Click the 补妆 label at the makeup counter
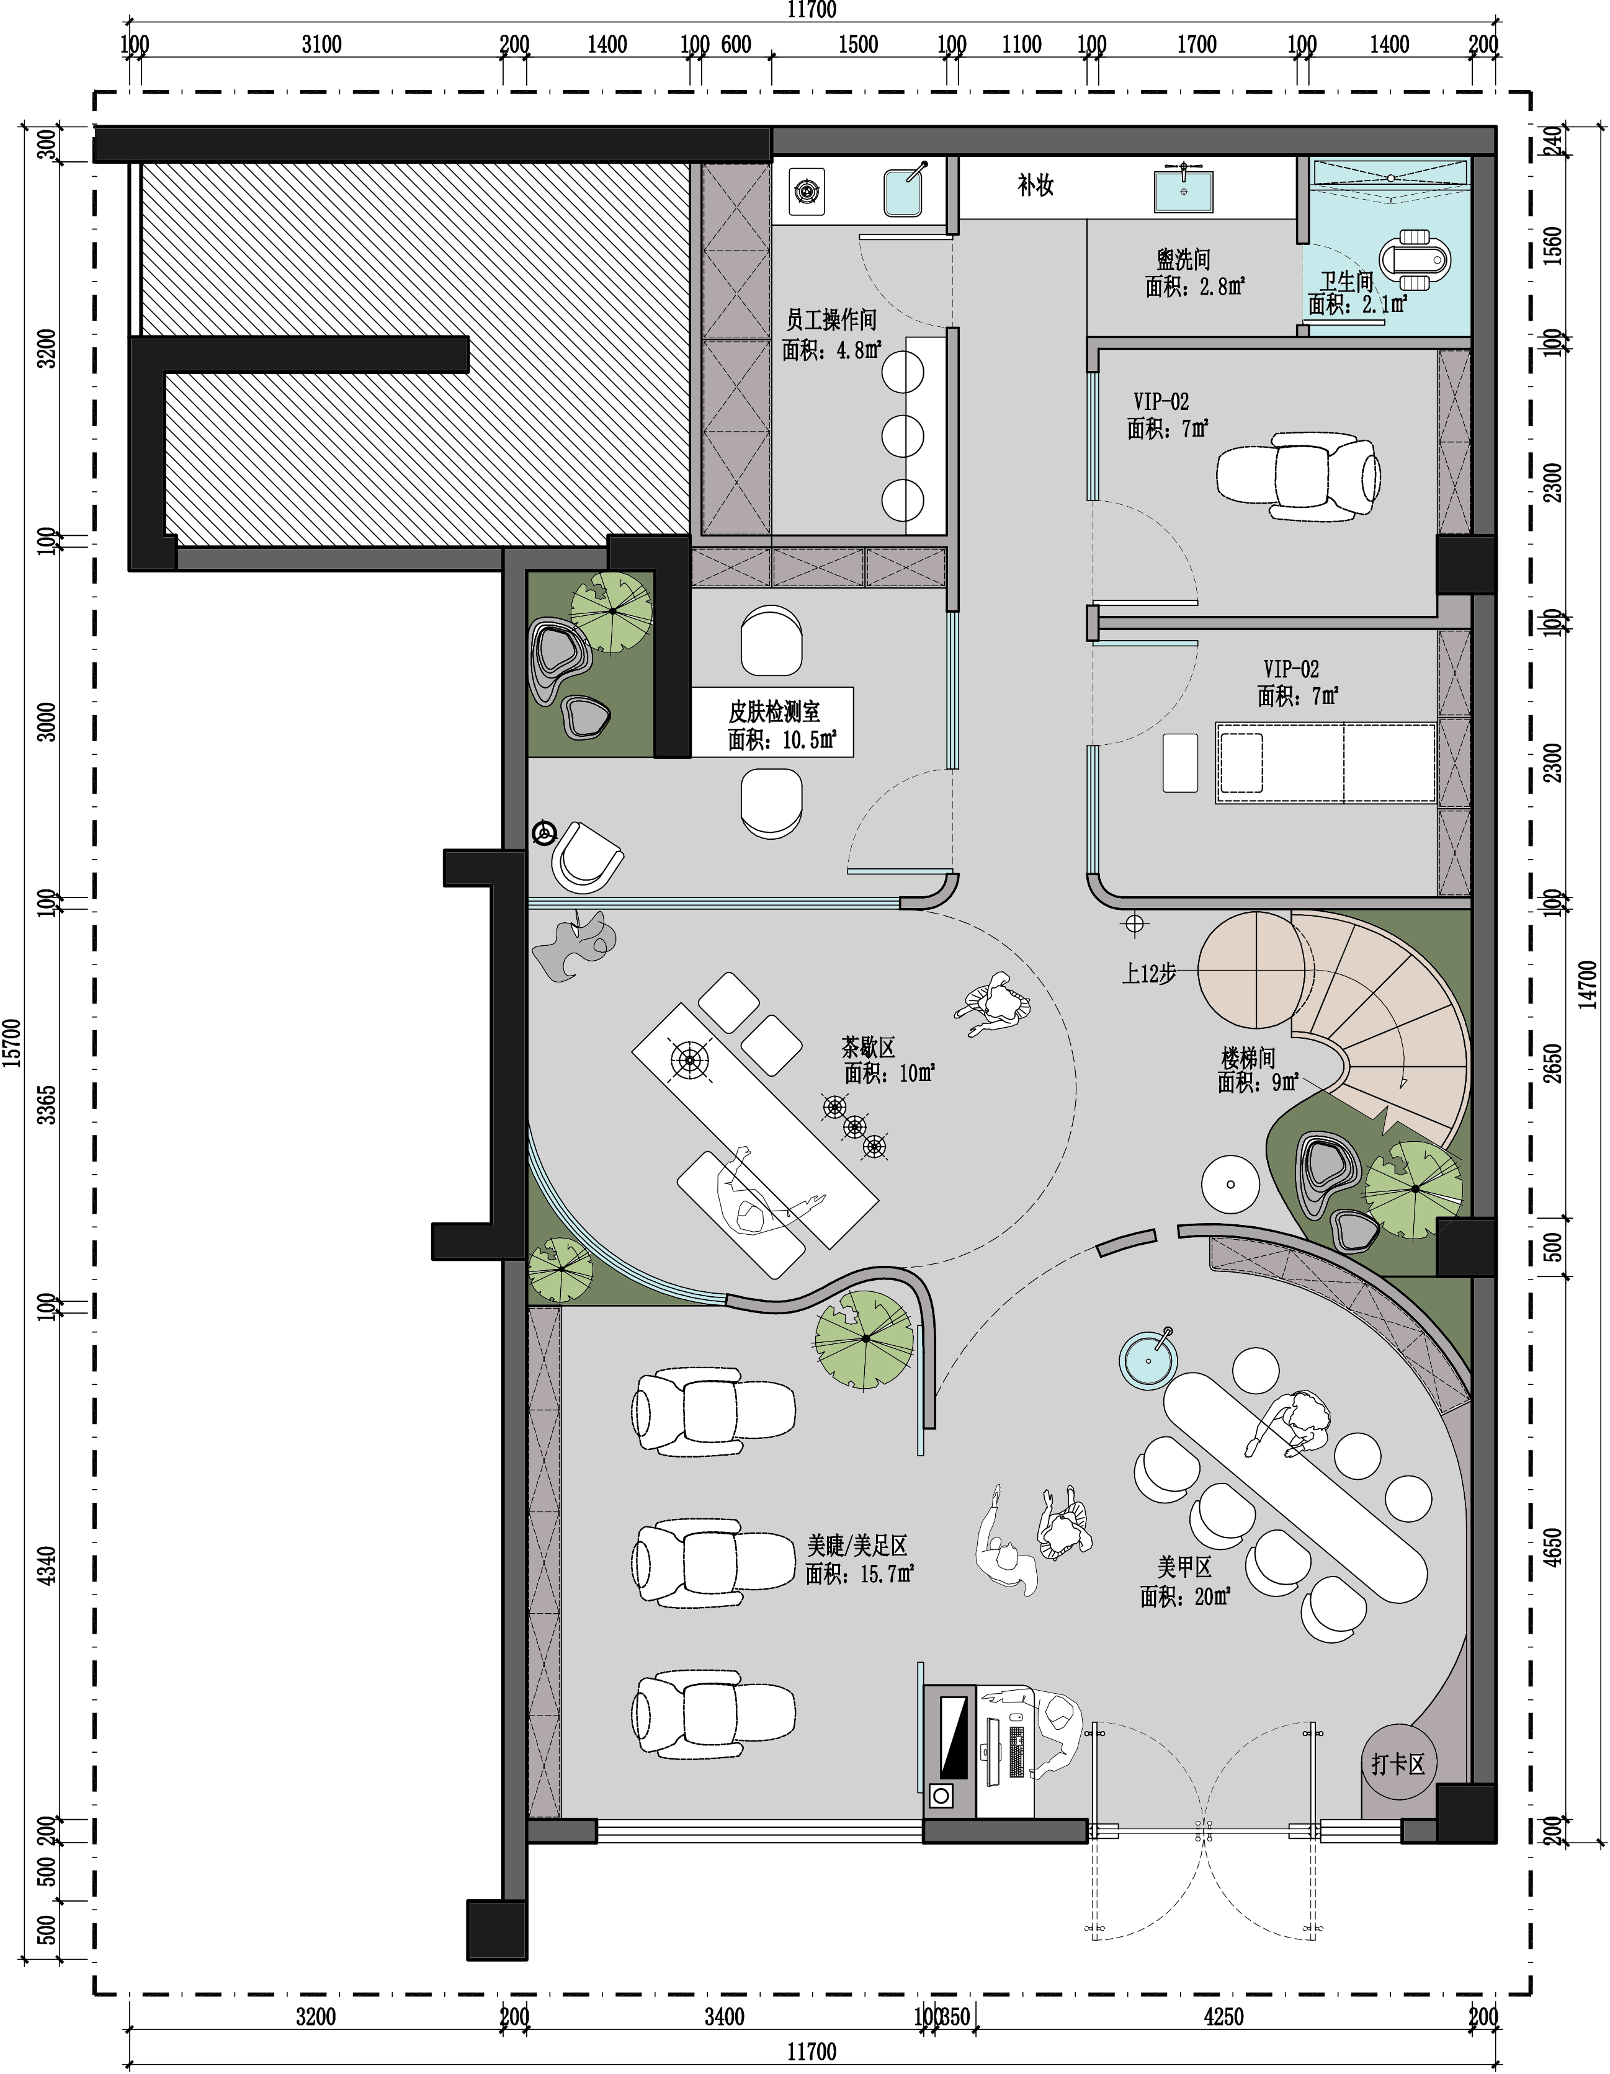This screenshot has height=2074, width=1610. click(x=1035, y=185)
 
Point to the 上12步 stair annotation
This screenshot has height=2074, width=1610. click(x=1149, y=973)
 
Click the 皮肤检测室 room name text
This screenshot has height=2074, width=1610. click(x=774, y=711)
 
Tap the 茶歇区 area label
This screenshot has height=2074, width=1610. click(x=868, y=1048)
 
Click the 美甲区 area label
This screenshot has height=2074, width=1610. click(x=1184, y=1564)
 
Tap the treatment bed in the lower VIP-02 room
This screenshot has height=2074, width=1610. click(x=1326, y=763)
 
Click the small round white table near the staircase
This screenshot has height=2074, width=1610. click(x=1230, y=1184)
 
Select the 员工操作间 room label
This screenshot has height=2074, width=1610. click(x=831, y=320)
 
